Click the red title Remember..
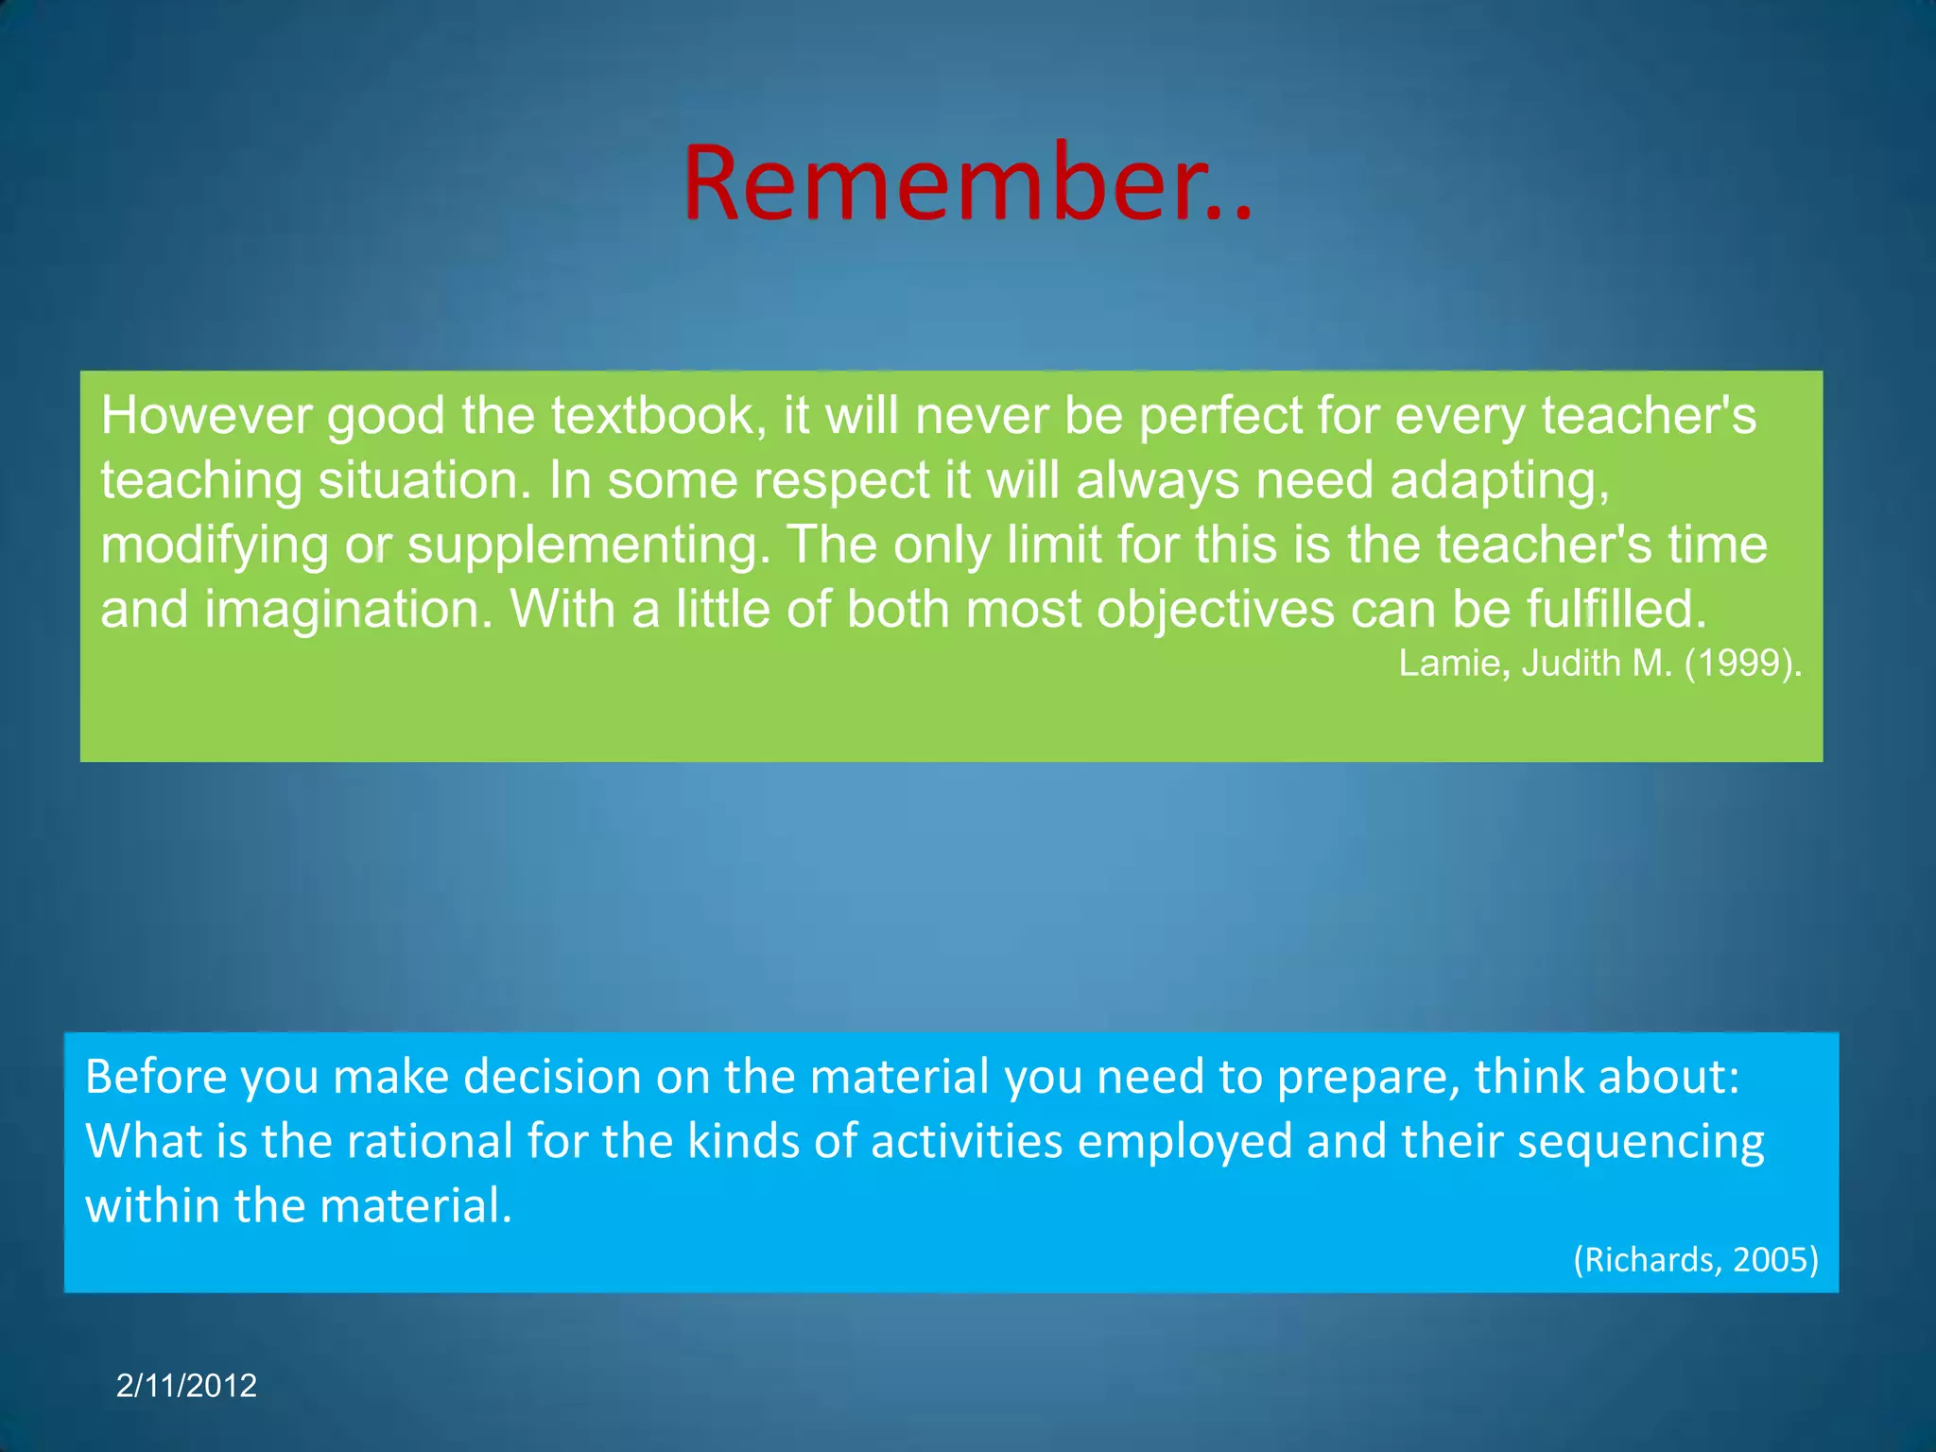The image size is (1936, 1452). (966, 181)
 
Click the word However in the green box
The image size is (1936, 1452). (206, 416)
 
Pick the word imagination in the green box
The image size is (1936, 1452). (348, 610)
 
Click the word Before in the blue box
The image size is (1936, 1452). (155, 1077)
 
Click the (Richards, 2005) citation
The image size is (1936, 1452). (1695, 1260)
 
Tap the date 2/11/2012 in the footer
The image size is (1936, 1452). (186, 1386)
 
